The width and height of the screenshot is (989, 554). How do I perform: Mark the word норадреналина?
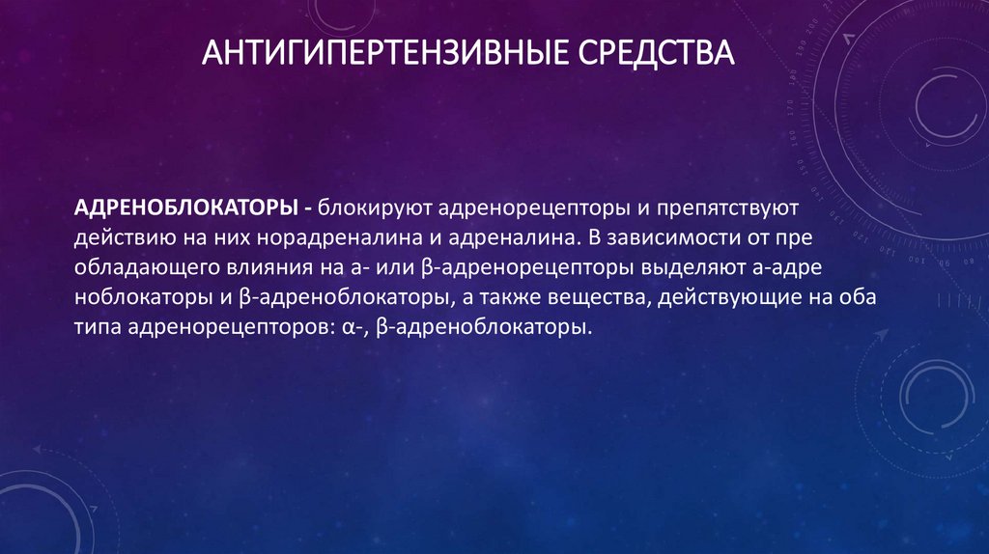(339, 237)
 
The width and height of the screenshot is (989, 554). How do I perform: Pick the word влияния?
(273, 267)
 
